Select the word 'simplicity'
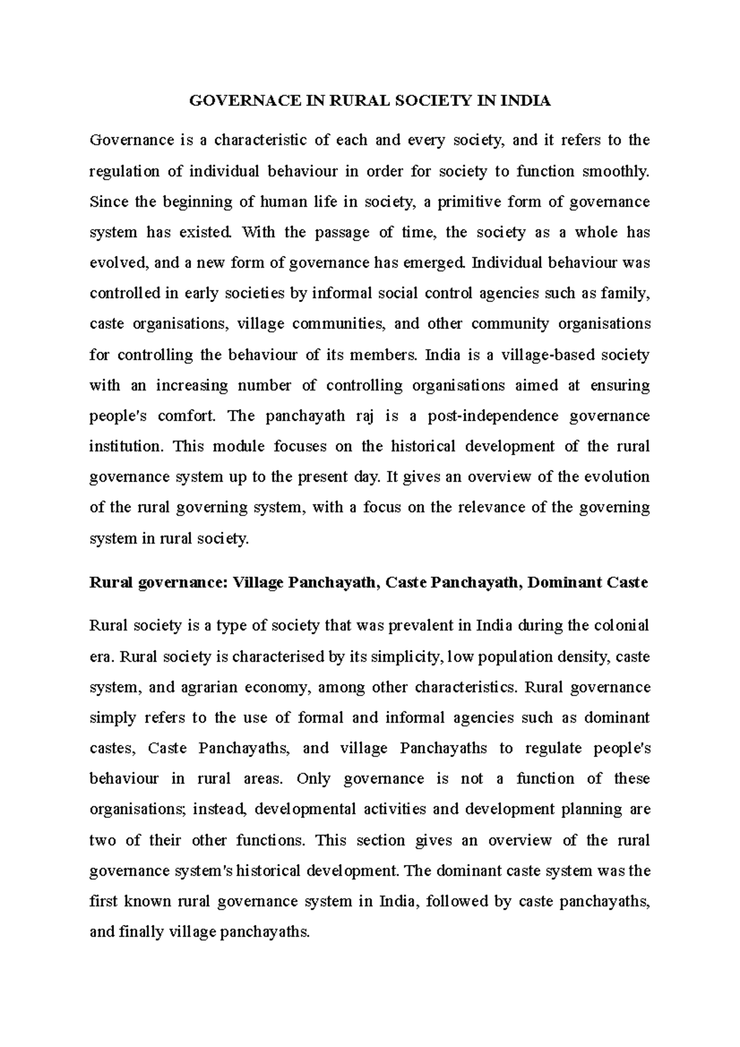coord(406,657)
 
